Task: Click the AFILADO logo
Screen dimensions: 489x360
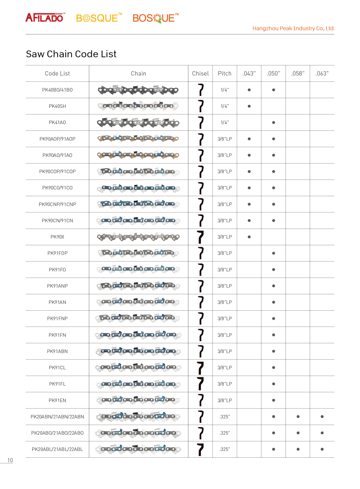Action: [x=45, y=18]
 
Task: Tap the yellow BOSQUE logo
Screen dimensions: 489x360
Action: [x=98, y=18]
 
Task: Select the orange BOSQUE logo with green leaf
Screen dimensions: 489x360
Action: [x=155, y=18]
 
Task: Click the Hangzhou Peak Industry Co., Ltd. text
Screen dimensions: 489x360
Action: [x=293, y=28]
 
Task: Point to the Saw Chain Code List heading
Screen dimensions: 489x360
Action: [x=71, y=54]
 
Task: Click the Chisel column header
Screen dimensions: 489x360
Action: [x=200, y=74]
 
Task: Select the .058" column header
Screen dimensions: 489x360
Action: [x=298, y=74]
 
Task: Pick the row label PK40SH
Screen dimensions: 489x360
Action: [x=57, y=106]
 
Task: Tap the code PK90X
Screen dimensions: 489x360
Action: [x=57, y=237]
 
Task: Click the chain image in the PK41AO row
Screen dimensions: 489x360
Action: [x=138, y=123]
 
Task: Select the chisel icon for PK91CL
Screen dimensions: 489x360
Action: [x=200, y=368]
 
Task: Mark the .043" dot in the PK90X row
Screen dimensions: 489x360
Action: [x=249, y=237]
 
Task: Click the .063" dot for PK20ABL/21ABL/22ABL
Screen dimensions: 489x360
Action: [x=322, y=449]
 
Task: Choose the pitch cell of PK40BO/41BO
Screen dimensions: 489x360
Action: [x=225, y=90]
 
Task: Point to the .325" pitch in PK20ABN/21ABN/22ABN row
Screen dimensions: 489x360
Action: [x=225, y=417]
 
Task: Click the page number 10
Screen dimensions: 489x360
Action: [x=10, y=461]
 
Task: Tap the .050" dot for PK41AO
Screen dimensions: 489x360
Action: [x=273, y=123]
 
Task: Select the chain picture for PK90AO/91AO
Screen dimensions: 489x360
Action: [x=138, y=155]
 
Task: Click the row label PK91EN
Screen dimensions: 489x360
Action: [x=57, y=401]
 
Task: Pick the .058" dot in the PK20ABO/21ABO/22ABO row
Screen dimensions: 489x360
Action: [x=298, y=433]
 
